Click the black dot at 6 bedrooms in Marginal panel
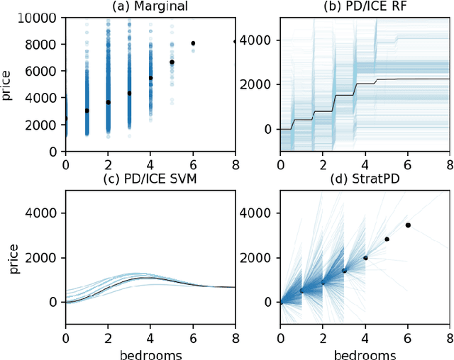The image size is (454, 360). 193,43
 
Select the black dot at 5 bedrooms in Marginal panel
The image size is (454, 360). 172,62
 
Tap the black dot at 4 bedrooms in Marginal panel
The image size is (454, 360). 150,78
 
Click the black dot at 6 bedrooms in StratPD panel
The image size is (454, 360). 407,225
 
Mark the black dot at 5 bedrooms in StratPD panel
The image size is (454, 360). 386,239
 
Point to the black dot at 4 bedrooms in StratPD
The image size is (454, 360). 365,258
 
